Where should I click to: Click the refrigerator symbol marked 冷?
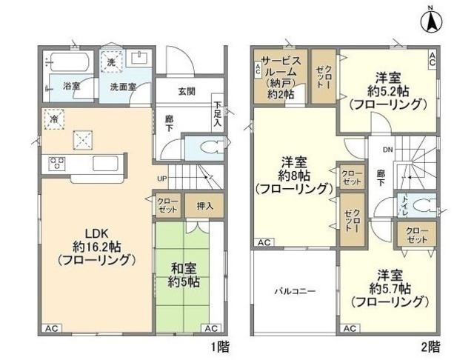point(53,117)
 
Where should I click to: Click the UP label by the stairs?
point(161,179)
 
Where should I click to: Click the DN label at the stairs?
point(387,149)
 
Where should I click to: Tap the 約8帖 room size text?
point(294,175)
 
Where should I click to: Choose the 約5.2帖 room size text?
point(388,90)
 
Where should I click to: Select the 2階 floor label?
point(433,345)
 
